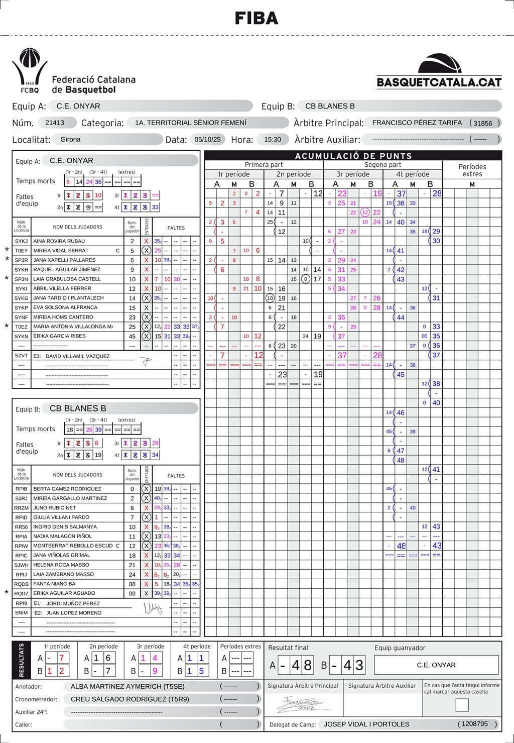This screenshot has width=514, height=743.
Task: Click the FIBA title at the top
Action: tap(256, 19)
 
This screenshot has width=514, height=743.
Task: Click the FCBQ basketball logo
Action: tap(30, 70)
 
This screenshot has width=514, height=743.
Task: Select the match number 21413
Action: tap(55, 123)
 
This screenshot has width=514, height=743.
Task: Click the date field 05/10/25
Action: tap(207, 139)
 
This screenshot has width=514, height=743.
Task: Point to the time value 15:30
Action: tap(273, 139)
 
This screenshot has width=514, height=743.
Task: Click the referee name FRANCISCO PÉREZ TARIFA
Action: tap(417, 123)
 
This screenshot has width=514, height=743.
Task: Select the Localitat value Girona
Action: tap(70, 139)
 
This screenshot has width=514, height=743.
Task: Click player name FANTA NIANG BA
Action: tap(54, 584)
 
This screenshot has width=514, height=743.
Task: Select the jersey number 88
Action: tap(132, 584)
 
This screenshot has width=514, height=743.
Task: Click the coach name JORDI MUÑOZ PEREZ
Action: tap(73, 603)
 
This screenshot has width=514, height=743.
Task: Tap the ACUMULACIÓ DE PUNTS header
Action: tap(353, 156)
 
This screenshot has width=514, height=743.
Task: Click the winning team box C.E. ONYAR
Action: tap(436, 665)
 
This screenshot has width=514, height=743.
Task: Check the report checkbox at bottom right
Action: tap(462, 705)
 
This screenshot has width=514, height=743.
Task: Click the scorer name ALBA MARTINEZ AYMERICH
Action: tap(127, 686)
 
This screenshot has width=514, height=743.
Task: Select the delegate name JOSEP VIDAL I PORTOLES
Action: tap(366, 724)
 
